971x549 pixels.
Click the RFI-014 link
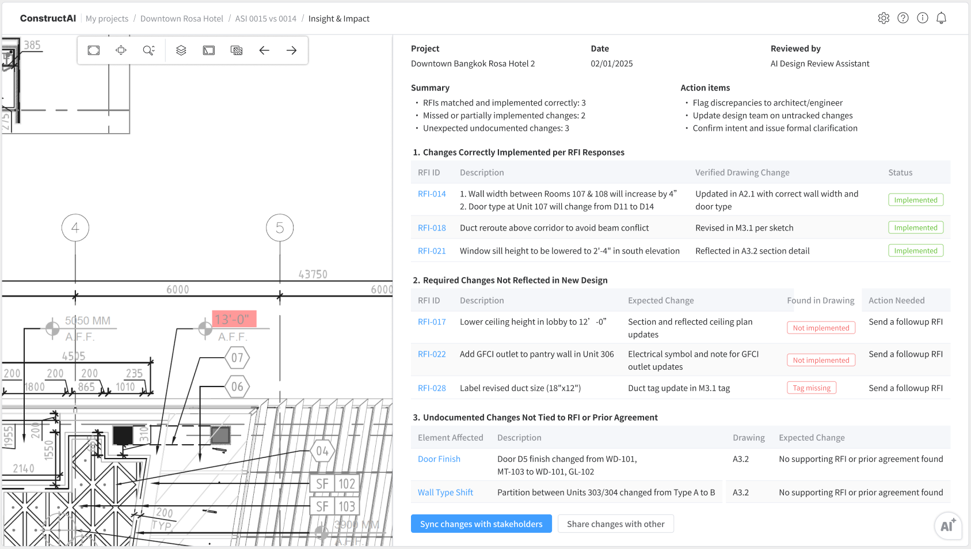pos(432,194)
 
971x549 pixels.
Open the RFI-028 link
pos(432,388)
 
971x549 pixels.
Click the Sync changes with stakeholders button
pos(481,524)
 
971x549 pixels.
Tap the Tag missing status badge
pos(811,388)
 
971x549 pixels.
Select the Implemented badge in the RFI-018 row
pos(915,228)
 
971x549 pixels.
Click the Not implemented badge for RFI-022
pos(821,360)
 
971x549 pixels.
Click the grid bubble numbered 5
pos(280,228)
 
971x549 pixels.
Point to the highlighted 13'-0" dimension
pos(234,319)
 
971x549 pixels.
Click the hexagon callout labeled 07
pos(237,358)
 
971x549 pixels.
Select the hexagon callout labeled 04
pos(322,451)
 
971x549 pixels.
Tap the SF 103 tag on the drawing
pos(336,506)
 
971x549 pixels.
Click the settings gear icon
pos(884,18)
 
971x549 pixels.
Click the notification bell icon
pos(941,18)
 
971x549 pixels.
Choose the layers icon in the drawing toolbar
pos(181,51)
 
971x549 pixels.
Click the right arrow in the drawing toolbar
pos(291,51)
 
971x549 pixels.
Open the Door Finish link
pos(439,459)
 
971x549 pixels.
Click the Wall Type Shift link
pos(445,493)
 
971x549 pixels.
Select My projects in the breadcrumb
pos(107,18)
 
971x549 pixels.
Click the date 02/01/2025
pos(611,64)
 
